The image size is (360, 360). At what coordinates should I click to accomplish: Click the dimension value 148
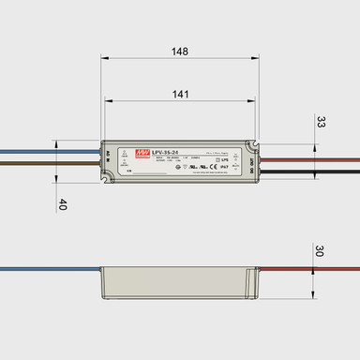tap(180, 52)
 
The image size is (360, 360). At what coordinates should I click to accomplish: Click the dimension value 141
tap(180, 94)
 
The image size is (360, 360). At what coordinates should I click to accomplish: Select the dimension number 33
tap(321, 122)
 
